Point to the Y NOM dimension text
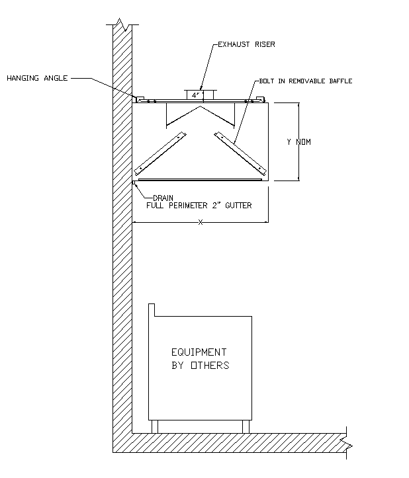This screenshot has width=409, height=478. point(298,141)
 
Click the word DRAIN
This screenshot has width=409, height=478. point(163,198)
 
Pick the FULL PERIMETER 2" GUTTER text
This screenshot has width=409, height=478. point(199,206)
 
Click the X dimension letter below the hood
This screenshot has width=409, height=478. point(200,222)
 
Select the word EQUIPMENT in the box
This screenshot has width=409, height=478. point(199,352)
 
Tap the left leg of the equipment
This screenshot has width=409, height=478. point(155,426)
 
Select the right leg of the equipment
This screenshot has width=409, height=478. point(246,426)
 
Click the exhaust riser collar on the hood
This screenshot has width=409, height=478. point(196,95)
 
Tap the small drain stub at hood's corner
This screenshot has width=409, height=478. point(134,183)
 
